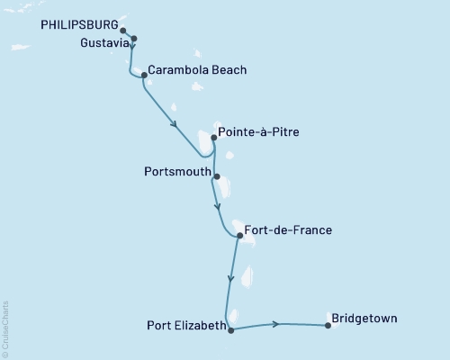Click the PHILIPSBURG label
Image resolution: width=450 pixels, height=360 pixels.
(79, 26)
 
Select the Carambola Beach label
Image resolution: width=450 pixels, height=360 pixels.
(196, 69)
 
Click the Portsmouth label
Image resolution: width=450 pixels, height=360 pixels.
(177, 171)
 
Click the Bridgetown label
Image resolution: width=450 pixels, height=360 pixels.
(364, 319)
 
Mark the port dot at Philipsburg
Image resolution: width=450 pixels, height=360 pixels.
(122, 30)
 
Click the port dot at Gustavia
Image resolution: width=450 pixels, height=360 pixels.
(134, 38)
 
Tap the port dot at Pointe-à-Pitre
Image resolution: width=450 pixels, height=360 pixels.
(212, 139)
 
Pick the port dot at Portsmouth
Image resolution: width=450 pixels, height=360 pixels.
(217, 176)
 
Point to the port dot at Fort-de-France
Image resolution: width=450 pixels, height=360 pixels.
(238, 238)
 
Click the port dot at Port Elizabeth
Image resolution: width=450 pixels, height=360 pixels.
(231, 330)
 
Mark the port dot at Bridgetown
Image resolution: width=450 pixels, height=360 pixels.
(328, 326)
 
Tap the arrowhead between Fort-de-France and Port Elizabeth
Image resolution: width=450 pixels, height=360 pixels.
(231, 278)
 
